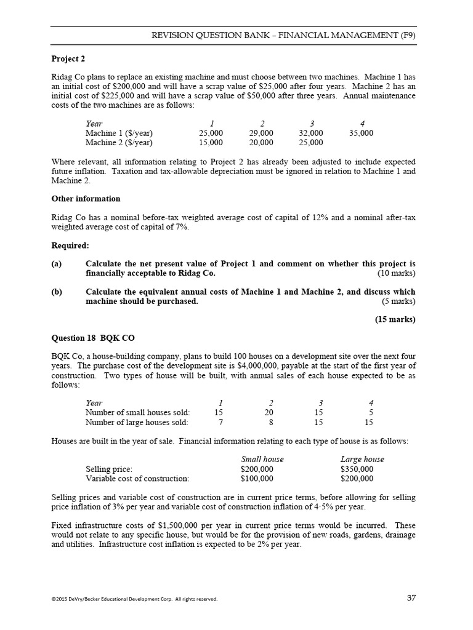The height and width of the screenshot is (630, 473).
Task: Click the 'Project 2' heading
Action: [x=68, y=59]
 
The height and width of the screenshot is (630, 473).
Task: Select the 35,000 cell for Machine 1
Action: [x=360, y=133]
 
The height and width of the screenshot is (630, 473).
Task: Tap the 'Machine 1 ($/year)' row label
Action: [x=119, y=133]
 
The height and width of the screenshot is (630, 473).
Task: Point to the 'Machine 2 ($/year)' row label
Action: [x=119, y=143]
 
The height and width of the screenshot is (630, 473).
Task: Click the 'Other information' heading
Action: [x=86, y=199]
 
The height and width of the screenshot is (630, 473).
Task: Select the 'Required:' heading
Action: [x=70, y=245]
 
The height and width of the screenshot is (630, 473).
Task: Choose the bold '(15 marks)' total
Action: [x=395, y=319]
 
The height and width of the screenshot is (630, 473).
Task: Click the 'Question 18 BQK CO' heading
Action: [x=93, y=338]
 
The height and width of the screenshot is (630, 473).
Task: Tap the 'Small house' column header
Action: [x=262, y=459]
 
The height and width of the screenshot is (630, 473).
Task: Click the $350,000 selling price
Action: [x=357, y=469]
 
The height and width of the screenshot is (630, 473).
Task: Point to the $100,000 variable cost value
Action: [x=257, y=478]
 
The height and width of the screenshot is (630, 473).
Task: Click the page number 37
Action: [x=412, y=598]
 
